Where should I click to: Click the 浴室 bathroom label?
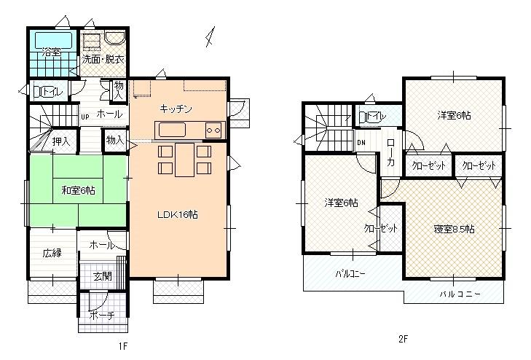(x=51, y=52)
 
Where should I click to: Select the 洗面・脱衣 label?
(x=103, y=59)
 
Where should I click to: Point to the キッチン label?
(x=176, y=109)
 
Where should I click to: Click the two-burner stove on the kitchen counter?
(x=213, y=130)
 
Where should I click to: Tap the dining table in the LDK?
(x=184, y=158)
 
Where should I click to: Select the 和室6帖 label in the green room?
(x=78, y=190)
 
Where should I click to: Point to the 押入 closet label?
(x=61, y=142)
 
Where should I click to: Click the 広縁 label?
(x=52, y=253)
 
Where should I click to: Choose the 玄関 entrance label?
(x=102, y=276)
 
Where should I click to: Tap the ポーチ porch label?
(x=101, y=316)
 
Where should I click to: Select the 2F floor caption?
(x=402, y=339)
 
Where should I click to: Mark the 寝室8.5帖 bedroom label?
(x=455, y=229)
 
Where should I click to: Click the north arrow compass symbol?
(x=211, y=35)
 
